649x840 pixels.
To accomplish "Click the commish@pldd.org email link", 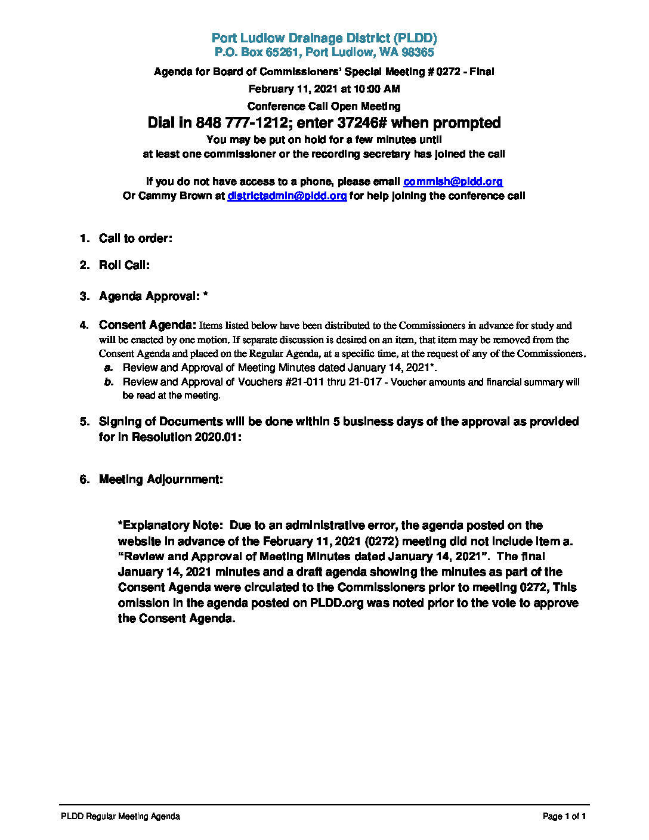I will coord(453,181).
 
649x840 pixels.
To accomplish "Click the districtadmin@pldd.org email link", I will coord(287,196).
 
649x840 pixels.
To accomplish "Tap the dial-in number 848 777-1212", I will coord(242,123).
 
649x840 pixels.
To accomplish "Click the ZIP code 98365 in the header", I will coord(418,52).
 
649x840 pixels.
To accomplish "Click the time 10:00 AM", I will coord(376,89).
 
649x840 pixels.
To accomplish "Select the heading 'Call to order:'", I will coord(135,239).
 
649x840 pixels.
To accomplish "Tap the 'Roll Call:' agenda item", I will coord(124,265).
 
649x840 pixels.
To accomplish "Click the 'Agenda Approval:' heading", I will coord(149,297).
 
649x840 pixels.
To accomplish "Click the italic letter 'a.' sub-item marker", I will coord(109,367).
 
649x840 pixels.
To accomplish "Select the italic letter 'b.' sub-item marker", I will coord(109,382).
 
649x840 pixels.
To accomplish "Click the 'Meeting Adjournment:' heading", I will coord(161,480).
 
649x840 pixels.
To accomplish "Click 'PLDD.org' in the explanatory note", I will coord(336,603).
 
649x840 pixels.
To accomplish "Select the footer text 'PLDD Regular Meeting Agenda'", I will coord(120,816).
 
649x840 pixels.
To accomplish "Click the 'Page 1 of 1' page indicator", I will coord(564,816).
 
